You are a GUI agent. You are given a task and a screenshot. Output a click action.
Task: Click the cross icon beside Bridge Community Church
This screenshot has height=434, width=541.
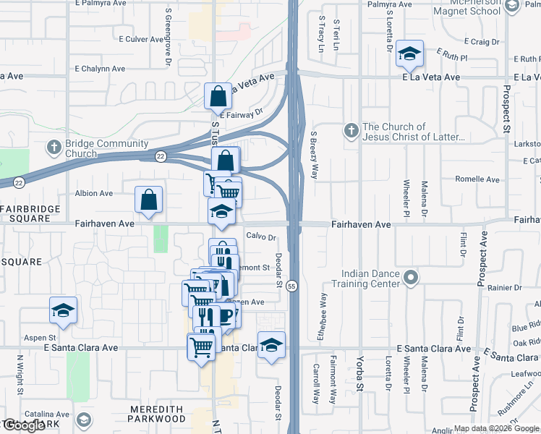tap(54, 147)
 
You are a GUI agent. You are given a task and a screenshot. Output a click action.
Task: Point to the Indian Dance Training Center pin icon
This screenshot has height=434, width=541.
tap(411, 278)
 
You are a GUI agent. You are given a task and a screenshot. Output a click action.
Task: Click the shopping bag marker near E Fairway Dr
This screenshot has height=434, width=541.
tap(218, 96)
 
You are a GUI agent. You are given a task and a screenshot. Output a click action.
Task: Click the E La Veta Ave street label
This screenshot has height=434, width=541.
tap(432, 77)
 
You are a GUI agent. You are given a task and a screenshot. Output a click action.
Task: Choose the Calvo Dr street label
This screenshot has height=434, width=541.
tap(262, 237)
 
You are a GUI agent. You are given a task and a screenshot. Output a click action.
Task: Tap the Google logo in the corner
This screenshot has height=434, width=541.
tap(24, 425)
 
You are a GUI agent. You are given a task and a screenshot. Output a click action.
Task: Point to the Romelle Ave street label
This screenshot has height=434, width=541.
tap(477, 179)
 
